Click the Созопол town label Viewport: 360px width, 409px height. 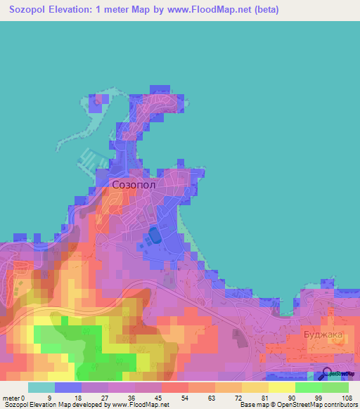pyautogui.click(x=133, y=185)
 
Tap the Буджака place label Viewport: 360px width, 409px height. pyautogui.click(x=323, y=335)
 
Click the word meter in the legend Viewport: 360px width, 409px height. pyautogui.click(x=11, y=398)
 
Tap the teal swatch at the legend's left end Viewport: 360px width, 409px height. pyautogui.click(x=41, y=387)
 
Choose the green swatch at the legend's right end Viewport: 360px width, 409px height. pyautogui.click(x=335, y=387)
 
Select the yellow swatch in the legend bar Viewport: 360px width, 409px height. pyautogui.click(x=281, y=387)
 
